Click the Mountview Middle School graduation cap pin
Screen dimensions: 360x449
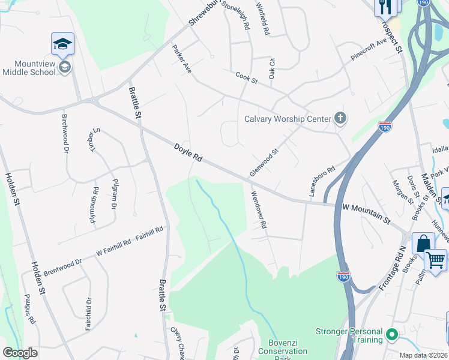pos(62,46)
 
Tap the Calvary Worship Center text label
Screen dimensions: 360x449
pos(288,119)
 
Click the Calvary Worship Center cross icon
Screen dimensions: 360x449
pos(340,118)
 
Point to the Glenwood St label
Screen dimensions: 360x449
pos(265,163)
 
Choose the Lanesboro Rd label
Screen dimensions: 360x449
pos(321,180)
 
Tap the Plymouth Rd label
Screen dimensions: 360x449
pos(94,205)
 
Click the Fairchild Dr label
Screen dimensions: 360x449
pos(88,315)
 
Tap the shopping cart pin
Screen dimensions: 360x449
pos(435,260)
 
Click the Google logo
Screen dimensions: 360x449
pos(20,353)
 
